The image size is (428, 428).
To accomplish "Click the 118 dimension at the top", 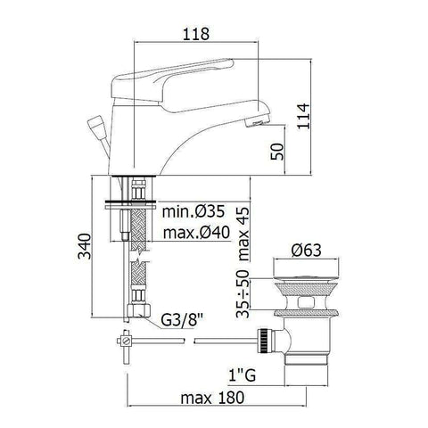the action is click(x=196, y=34).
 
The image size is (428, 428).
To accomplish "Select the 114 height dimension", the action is click(x=303, y=116).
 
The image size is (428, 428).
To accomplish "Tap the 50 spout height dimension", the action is click(x=277, y=152).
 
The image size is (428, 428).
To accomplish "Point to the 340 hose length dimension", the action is click(x=85, y=246).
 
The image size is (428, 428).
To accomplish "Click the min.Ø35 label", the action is click(x=193, y=211).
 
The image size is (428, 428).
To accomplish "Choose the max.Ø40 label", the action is click(x=196, y=232).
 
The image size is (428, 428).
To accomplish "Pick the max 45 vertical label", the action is click(x=243, y=234).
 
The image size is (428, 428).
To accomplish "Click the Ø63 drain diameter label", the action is click(x=307, y=251).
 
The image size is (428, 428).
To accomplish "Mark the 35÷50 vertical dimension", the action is click(x=243, y=293).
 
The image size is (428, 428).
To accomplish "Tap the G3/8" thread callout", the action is click(x=182, y=321).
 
